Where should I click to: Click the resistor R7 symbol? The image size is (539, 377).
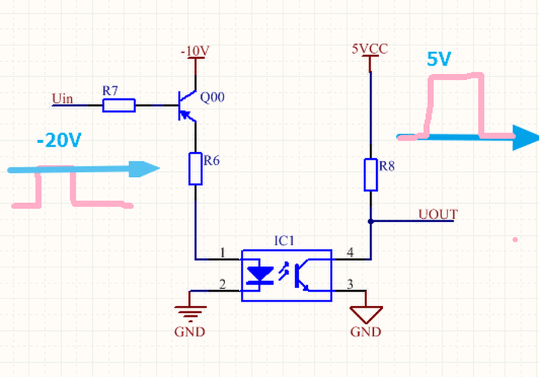[x=119, y=105]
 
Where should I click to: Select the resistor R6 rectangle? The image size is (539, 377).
[x=196, y=169]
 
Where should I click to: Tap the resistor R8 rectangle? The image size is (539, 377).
[x=371, y=175]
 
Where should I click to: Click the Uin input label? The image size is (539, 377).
[x=62, y=99]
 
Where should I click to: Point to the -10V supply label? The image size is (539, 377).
[x=195, y=52]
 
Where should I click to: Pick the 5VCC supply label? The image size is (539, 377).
[x=370, y=49]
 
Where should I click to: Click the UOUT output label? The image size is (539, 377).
[x=438, y=215]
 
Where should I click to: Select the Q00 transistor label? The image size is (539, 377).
[x=212, y=97]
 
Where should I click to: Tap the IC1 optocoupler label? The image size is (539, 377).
[x=284, y=241]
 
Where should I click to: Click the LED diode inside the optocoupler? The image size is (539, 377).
[x=260, y=275]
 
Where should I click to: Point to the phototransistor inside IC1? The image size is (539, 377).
[x=302, y=275]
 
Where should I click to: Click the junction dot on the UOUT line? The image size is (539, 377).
[x=371, y=221]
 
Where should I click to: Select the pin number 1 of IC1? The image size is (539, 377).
[x=222, y=253]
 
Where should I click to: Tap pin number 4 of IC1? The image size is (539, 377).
[x=350, y=252]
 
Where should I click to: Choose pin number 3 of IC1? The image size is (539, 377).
[x=350, y=284]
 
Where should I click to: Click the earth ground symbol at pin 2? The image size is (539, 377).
[x=190, y=311]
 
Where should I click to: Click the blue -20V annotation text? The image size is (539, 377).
[x=59, y=140]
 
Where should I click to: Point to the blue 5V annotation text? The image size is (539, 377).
[x=438, y=59]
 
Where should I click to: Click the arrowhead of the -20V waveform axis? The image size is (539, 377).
[x=144, y=169]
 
